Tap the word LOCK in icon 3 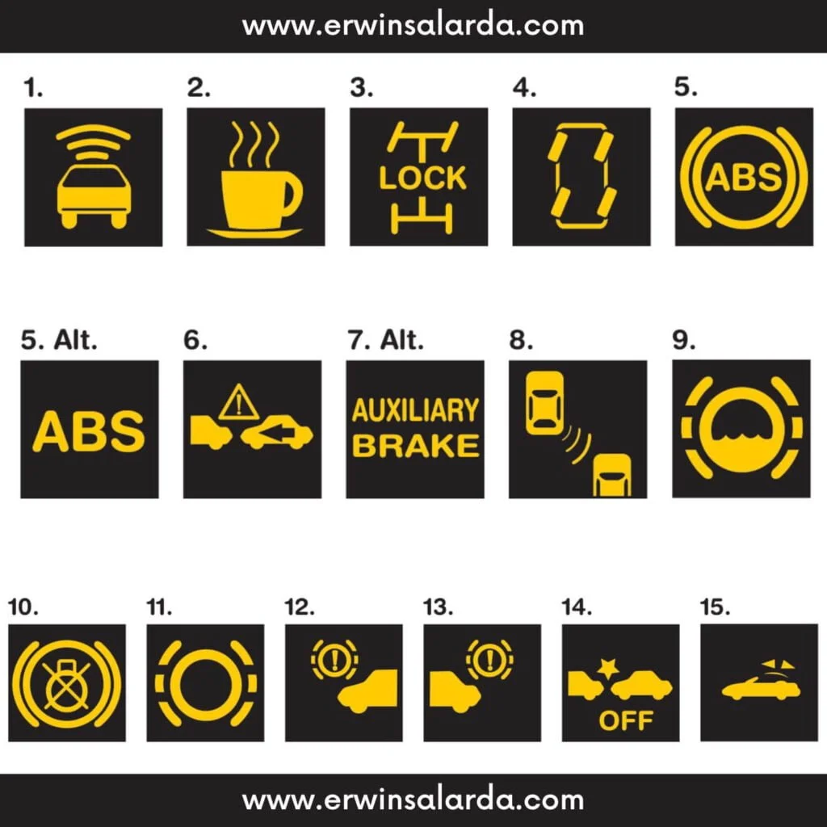tap(422, 178)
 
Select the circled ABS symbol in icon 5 tap(744, 177)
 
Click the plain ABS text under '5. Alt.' tap(89, 431)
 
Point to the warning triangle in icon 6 tap(239, 402)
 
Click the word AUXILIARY tap(415, 411)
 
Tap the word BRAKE tap(416, 446)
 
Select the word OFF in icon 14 tap(626, 720)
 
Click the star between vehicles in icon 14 tap(608, 668)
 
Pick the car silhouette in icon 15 tap(761, 689)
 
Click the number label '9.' tap(684, 340)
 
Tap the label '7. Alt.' tap(385, 340)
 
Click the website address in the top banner tap(413, 26)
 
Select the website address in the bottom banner tap(413, 800)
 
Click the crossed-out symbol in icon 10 tap(67, 683)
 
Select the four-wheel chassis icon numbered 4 tap(581, 177)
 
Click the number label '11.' tap(159, 607)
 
